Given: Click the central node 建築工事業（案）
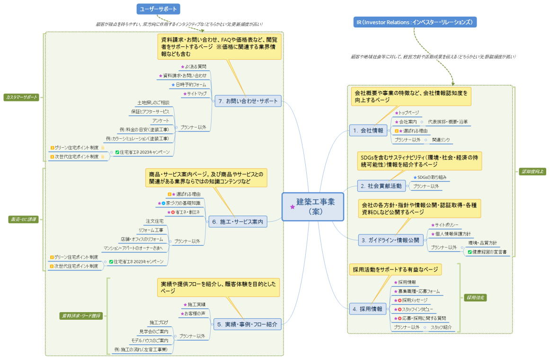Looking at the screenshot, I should pos(312,207).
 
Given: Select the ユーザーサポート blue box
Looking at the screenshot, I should pos(158,9).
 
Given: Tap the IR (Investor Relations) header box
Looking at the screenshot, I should pos(415,22).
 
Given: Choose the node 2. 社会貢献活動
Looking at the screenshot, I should pos(381,186).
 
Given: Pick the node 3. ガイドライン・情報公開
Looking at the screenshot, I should pos(390,240).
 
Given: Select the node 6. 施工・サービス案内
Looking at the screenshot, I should pos(238,221).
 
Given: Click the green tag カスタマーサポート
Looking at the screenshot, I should pos(21,97).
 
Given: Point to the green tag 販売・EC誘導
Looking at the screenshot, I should pos(23,219).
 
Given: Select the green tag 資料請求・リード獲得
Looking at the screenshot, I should pos(80,315).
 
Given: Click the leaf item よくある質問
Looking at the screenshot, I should pos(195,67).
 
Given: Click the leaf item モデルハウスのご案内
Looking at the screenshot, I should pos(150,341).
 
